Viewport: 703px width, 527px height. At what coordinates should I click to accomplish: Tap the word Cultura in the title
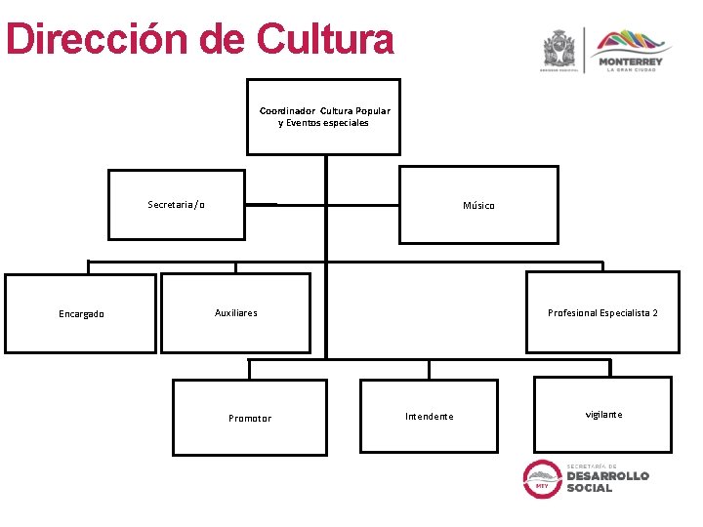pyautogui.click(x=325, y=40)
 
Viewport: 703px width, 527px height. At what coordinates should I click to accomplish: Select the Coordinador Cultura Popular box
pyautogui.click(x=323, y=116)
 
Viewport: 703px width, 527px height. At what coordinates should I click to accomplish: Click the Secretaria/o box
pyautogui.click(x=176, y=205)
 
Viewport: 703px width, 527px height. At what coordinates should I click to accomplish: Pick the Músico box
pyautogui.click(x=478, y=205)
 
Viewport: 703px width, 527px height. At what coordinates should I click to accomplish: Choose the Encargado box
pyautogui.click(x=81, y=313)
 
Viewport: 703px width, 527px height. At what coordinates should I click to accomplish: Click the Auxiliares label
pyautogui.click(x=236, y=313)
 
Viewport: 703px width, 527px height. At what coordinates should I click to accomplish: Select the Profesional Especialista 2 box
pyautogui.click(x=602, y=312)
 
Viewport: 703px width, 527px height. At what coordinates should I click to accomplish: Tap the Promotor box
pyautogui.click(x=250, y=418)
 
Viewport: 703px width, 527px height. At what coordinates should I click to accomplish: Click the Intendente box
pyautogui.click(x=429, y=416)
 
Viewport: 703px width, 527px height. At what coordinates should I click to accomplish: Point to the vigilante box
pyautogui.click(x=603, y=415)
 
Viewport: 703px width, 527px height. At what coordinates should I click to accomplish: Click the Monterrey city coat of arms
pyautogui.click(x=559, y=50)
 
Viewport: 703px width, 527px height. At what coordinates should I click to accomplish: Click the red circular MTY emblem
pyautogui.click(x=542, y=478)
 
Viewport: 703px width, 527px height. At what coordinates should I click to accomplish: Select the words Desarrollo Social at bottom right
pyautogui.click(x=607, y=482)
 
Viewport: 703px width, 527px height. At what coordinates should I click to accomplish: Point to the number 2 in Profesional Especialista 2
pyautogui.click(x=655, y=313)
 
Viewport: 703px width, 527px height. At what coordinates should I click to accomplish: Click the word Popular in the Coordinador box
pyautogui.click(x=372, y=111)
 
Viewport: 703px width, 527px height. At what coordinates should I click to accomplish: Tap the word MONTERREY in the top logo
pyautogui.click(x=634, y=61)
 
